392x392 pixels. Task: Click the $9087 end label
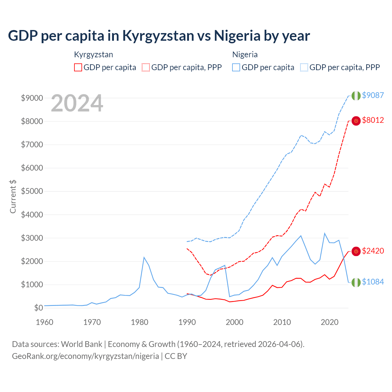coord(373,95)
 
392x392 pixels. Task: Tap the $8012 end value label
coord(373,120)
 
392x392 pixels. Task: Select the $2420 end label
coord(373,251)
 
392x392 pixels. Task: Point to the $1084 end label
coord(373,282)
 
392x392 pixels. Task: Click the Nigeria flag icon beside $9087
coord(356,96)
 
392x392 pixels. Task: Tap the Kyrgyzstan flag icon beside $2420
coord(356,251)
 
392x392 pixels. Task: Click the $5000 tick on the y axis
coord(32,191)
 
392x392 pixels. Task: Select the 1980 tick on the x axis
coord(140,322)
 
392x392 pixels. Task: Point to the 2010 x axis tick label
coord(282,322)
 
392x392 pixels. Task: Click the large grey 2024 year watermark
coord(77,104)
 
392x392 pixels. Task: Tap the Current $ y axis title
coord(13,196)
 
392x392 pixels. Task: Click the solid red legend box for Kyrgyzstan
coord(78,67)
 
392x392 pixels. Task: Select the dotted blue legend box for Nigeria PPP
coord(304,67)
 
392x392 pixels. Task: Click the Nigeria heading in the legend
coord(245,55)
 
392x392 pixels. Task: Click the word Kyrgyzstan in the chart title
coord(158,36)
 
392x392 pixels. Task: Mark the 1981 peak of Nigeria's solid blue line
coord(144,257)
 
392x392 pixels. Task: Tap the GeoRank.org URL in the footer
coord(85,356)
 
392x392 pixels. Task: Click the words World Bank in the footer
coord(81,344)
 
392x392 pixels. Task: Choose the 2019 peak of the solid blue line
coord(325,233)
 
